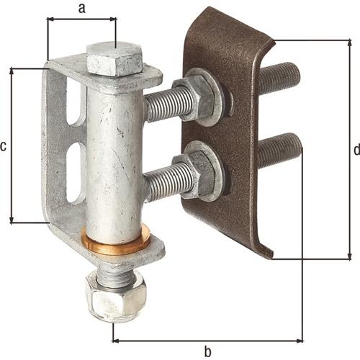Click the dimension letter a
(82, 9)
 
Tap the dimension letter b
(208, 351)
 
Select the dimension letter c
(3, 146)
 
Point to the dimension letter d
(357, 149)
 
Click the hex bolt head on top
(114, 59)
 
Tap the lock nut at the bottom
(117, 297)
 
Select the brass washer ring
(115, 241)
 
